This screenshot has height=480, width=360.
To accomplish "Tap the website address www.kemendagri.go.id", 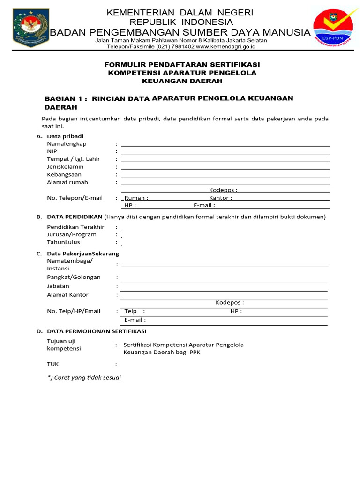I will pyautogui.click(x=223, y=47).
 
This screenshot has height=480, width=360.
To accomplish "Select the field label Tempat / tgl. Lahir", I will pyautogui.click(x=74, y=159).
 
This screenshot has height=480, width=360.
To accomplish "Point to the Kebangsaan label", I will pyautogui.click(x=64, y=174).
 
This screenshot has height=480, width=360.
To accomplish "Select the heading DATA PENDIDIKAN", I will pyautogui.click(x=75, y=217).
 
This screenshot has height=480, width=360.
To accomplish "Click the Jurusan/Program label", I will pyautogui.click(x=72, y=234).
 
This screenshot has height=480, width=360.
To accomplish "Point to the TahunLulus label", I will pyautogui.click(x=63, y=242).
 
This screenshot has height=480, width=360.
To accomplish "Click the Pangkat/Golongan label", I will pyautogui.click(x=74, y=277).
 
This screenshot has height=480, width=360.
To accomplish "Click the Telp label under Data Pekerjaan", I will pyautogui.click(x=131, y=311).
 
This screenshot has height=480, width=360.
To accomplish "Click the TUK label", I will pyautogui.click(x=53, y=364).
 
